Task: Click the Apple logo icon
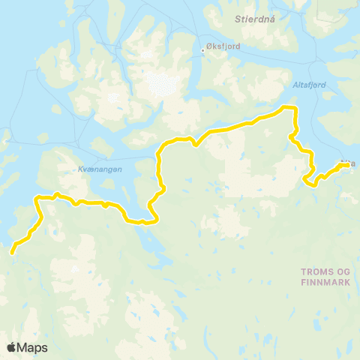[x=12, y=347]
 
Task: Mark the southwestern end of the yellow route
[x=12, y=253]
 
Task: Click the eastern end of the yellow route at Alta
[x=346, y=165]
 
